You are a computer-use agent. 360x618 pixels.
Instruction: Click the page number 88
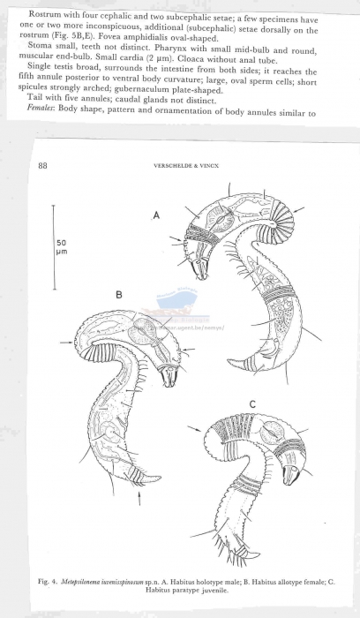pyautogui.click(x=42, y=166)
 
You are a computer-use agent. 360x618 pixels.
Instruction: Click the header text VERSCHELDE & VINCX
pyautogui.click(x=186, y=166)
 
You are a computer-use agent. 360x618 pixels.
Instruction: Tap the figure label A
pyautogui.click(x=156, y=215)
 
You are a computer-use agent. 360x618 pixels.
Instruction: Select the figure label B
pyautogui.click(x=119, y=294)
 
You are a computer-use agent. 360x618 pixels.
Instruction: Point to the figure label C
pyautogui.click(x=252, y=404)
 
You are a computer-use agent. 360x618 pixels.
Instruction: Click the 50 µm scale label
pyautogui.click(x=62, y=247)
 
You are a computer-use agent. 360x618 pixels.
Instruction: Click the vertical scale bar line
pyautogui.click(x=53, y=247)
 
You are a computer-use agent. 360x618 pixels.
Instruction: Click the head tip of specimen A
pyautogui.click(x=202, y=277)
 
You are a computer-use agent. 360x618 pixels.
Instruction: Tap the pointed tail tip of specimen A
pyautogui.click(x=229, y=360)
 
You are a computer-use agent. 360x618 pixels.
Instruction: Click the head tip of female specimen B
pyautogui.click(x=169, y=384)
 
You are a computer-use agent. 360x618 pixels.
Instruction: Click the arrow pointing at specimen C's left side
pyautogui.click(x=195, y=430)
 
